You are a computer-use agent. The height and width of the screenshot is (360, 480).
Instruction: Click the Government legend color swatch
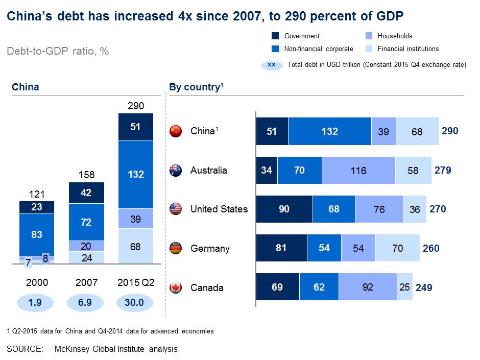(x=275, y=36)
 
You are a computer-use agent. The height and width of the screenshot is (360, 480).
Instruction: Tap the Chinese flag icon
(x=176, y=131)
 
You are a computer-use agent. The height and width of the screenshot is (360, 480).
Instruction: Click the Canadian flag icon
(x=176, y=287)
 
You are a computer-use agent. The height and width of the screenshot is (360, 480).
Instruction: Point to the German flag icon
(x=176, y=249)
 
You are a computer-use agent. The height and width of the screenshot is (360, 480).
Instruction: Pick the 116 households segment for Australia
(x=358, y=170)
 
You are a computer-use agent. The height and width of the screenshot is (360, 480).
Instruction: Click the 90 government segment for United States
(x=284, y=209)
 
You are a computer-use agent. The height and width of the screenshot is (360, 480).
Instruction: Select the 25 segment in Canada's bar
(x=404, y=287)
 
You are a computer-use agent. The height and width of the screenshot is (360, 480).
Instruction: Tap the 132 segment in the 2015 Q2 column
(x=136, y=174)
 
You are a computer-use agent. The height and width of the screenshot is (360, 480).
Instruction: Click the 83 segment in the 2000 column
(x=36, y=234)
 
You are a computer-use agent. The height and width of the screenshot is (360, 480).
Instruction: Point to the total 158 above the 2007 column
(x=86, y=175)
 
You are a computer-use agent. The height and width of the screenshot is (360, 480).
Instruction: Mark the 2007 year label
(x=86, y=281)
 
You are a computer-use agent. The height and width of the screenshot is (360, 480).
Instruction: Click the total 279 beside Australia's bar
(x=442, y=170)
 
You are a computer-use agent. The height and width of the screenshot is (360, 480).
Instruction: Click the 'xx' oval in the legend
(x=272, y=65)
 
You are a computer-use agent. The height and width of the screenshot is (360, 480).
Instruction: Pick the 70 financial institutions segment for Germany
(x=397, y=249)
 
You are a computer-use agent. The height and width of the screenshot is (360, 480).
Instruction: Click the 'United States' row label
(x=219, y=209)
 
